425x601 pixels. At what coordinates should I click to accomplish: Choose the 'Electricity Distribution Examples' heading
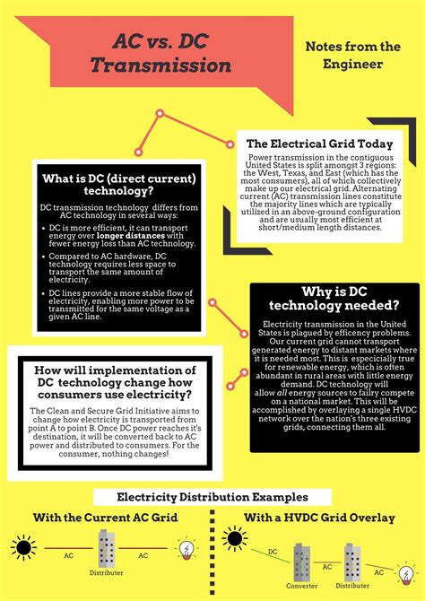212,497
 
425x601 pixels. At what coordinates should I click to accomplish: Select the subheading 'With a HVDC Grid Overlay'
319,518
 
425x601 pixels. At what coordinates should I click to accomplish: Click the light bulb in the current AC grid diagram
187,548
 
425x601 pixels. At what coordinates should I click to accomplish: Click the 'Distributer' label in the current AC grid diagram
107,571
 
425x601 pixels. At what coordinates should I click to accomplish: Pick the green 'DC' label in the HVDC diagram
272,553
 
